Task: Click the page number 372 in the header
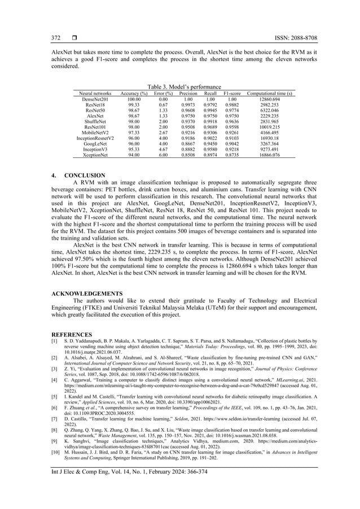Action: point(56,38)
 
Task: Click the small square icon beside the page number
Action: point(74,38)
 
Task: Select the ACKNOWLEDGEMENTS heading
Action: point(86,293)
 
